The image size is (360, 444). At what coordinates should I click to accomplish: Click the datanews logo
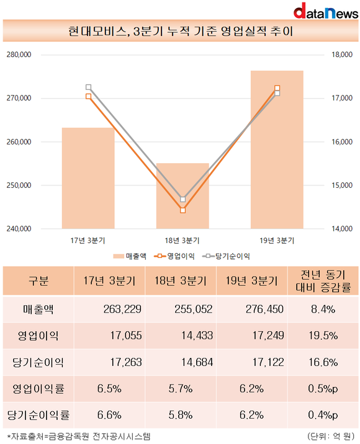(326, 11)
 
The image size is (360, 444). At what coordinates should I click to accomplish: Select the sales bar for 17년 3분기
(88, 178)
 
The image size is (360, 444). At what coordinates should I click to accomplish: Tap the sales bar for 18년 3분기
(182, 196)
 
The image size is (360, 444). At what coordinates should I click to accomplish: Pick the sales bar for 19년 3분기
(277, 149)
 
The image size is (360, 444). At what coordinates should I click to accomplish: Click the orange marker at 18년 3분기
(183, 210)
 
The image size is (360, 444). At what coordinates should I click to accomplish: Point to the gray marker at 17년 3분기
(88, 87)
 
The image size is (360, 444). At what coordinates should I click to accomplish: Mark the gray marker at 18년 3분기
(183, 199)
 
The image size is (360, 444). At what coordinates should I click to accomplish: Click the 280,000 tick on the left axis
(19, 55)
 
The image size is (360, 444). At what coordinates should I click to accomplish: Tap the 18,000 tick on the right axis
(342, 55)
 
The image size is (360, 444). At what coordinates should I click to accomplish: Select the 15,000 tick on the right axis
(342, 185)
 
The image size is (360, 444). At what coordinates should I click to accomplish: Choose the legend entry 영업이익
(174, 256)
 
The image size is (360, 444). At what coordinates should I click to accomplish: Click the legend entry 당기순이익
(227, 256)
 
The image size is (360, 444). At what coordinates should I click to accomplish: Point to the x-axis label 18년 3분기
(182, 241)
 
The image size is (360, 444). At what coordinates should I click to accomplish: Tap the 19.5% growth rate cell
(323, 335)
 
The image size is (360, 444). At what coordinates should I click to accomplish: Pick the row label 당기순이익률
(38, 415)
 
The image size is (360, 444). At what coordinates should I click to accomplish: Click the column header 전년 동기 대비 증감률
(323, 281)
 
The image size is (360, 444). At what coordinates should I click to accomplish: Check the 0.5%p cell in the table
(323, 389)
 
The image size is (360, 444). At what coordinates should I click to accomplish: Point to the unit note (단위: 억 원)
(331, 436)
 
